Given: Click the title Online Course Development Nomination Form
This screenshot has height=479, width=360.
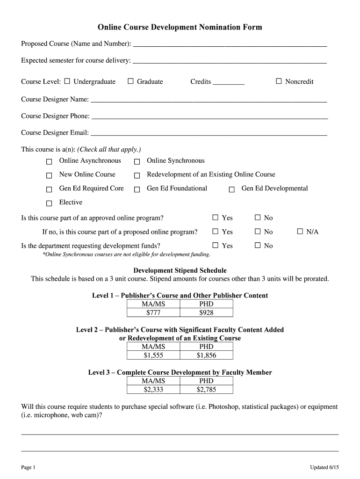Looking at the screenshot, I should (x=180, y=27).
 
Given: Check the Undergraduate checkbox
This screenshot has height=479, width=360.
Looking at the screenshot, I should (x=67, y=81).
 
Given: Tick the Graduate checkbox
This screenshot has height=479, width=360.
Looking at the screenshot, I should (x=130, y=81).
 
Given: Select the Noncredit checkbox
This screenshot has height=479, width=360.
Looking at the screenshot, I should (x=279, y=81).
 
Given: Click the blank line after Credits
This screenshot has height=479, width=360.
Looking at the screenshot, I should (x=228, y=82).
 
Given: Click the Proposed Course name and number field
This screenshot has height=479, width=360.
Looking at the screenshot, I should (x=230, y=44).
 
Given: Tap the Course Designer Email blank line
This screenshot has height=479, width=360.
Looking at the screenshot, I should (x=209, y=133).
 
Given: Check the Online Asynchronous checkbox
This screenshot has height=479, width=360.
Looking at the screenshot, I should (x=49, y=162).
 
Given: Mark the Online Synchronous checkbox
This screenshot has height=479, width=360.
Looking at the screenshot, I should (x=137, y=162).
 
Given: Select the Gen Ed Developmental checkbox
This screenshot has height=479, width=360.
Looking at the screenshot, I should (x=231, y=189).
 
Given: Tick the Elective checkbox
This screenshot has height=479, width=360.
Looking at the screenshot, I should (x=49, y=203).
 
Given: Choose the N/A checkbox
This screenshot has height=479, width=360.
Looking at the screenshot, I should (x=300, y=232).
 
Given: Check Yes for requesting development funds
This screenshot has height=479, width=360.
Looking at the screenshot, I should (x=216, y=246).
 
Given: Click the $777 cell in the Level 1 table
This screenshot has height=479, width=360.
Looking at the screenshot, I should (x=153, y=312).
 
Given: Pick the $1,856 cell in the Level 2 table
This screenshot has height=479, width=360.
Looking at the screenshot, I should (x=206, y=356).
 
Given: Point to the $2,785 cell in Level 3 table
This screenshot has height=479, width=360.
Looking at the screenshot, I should (x=206, y=389).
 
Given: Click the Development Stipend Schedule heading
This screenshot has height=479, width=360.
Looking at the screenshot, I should (x=180, y=270).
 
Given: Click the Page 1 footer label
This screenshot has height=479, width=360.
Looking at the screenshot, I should (x=28, y=468).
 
